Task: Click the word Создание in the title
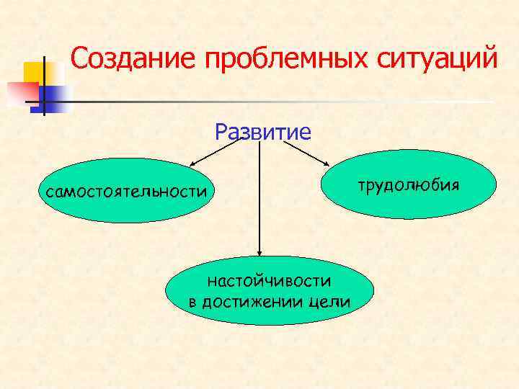(133, 58)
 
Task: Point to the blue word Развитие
(263, 132)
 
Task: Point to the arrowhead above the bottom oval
(259, 252)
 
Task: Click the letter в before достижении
(192, 301)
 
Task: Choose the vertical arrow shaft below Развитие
(259, 194)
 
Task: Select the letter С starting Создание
(80, 58)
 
